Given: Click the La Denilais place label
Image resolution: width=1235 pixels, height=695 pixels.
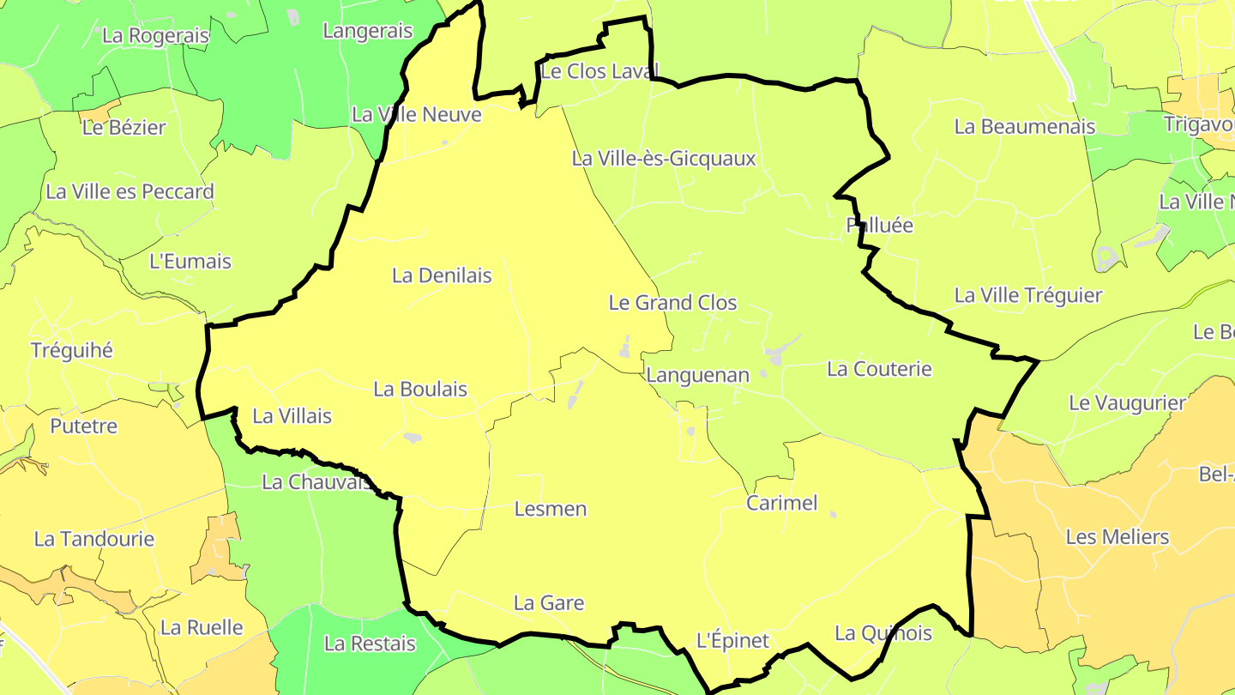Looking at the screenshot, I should pyautogui.click(x=442, y=275).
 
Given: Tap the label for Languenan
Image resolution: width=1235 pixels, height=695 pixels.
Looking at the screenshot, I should pyautogui.click(x=697, y=375).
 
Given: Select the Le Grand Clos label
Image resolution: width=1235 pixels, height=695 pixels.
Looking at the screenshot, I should pyautogui.click(x=672, y=303).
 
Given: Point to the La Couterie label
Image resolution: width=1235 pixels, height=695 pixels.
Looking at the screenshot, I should pyautogui.click(x=879, y=369).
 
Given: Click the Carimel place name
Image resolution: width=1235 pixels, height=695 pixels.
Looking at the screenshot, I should pyautogui.click(x=782, y=503).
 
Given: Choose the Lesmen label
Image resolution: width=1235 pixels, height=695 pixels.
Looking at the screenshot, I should pyautogui.click(x=551, y=509).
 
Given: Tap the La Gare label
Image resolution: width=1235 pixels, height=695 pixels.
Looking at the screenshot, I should pyautogui.click(x=549, y=603).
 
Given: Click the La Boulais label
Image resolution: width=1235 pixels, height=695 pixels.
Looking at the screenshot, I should pyautogui.click(x=420, y=390).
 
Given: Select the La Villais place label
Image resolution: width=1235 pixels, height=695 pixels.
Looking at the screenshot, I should pyautogui.click(x=292, y=416).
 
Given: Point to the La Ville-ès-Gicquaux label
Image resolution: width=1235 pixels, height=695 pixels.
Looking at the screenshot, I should pyautogui.click(x=664, y=159).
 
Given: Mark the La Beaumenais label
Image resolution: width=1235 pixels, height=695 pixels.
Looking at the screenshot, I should pyautogui.click(x=1025, y=127).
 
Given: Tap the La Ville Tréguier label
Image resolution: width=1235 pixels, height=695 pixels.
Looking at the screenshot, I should pyautogui.click(x=1028, y=296).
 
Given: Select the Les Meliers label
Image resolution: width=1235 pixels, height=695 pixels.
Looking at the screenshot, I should pyautogui.click(x=1118, y=538).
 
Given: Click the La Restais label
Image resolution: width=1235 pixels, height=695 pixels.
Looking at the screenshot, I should pyautogui.click(x=370, y=644).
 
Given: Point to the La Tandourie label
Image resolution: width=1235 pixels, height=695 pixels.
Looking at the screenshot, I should pyautogui.click(x=94, y=540).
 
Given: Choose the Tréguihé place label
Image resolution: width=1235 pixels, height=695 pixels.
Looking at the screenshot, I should pyautogui.click(x=72, y=351).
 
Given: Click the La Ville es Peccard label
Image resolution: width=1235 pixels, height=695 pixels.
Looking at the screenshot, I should pyautogui.click(x=130, y=192).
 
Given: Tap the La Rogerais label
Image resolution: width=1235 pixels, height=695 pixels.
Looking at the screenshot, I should pyautogui.click(x=155, y=36).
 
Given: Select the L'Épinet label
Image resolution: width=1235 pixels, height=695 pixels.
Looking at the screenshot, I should pyautogui.click(x=732, y=641).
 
